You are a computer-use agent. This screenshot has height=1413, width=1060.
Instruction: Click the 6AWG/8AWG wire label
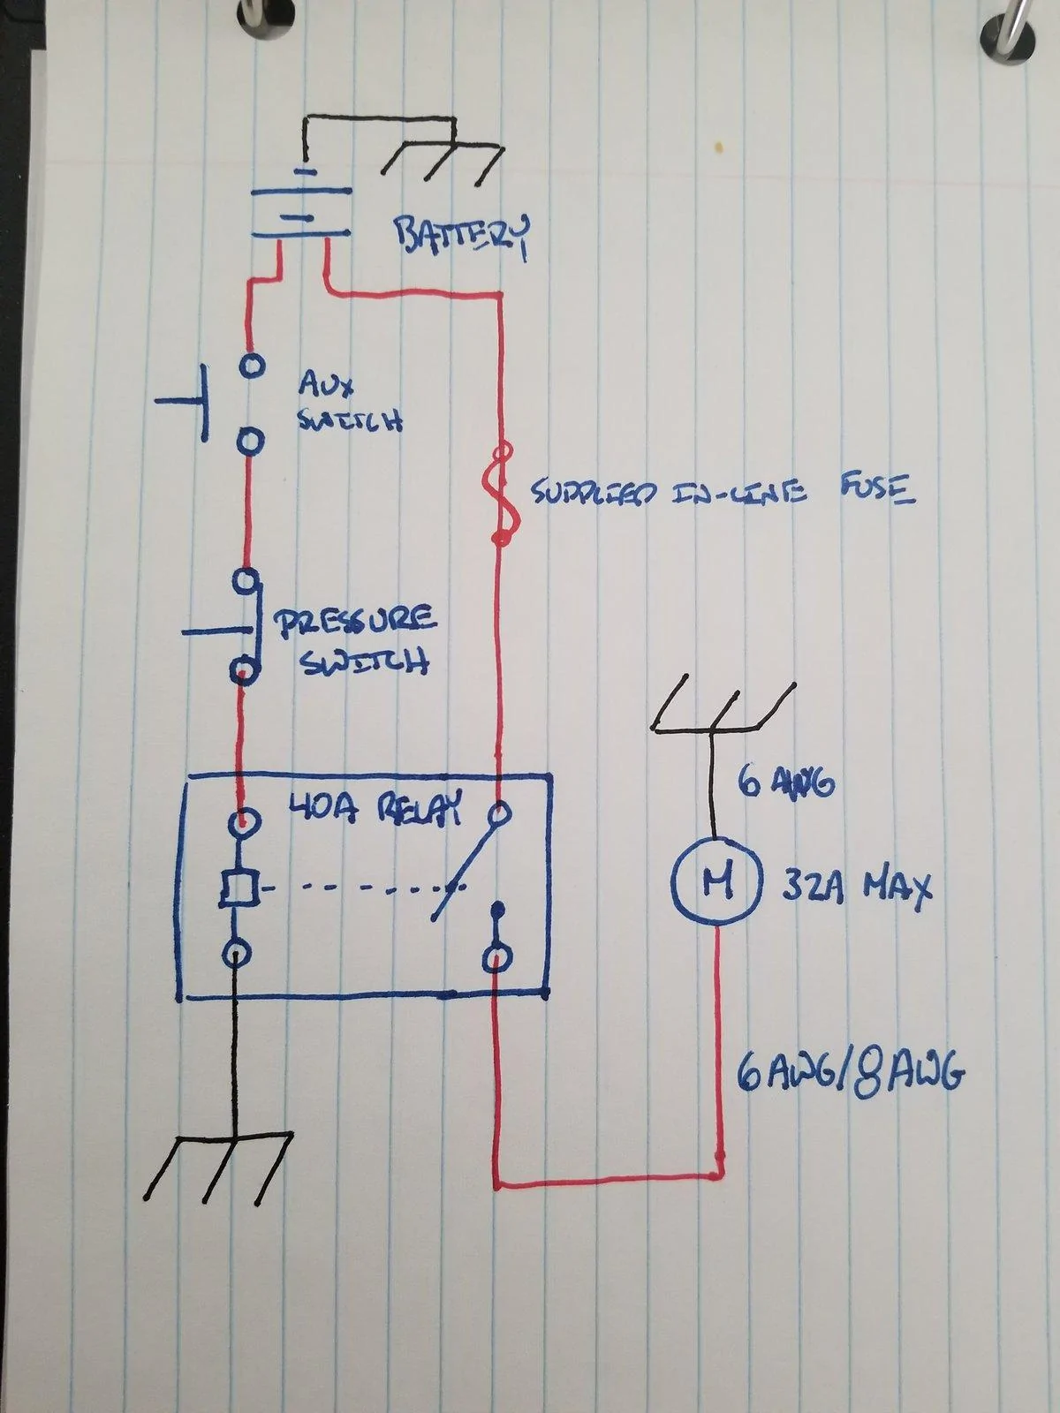pyautogui.click(x=850, y=1072)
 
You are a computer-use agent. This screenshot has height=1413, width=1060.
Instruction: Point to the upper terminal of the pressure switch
pyautogui.click(x=247, y=582)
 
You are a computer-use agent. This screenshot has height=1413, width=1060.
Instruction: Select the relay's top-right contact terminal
pyautogui.click(x=499, y=814)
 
